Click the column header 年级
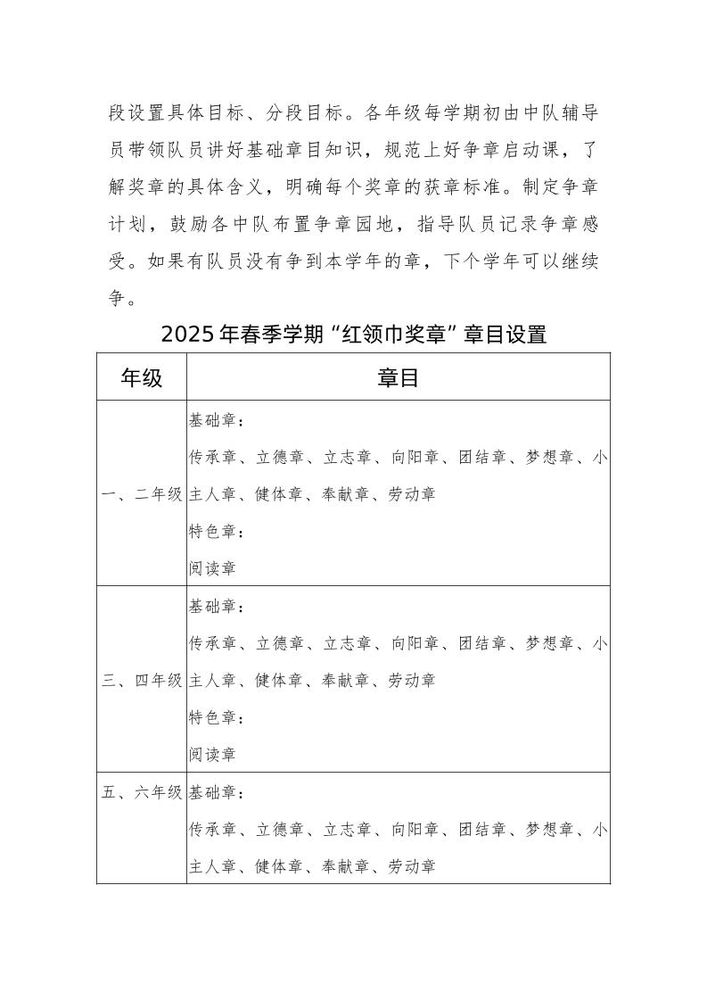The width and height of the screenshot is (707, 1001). (142, 377)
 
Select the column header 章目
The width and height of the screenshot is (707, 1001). (398, 377)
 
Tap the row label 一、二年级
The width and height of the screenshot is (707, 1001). (142, 493)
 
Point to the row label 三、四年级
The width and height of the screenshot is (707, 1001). (142, 680)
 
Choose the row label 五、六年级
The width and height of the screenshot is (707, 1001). (142, 792)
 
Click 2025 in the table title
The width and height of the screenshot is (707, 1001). (189, 335)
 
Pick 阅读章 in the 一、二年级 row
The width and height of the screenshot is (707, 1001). (212, 567)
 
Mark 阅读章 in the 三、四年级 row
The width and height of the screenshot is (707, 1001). (212, 754)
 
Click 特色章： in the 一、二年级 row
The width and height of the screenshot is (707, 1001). (217, 531)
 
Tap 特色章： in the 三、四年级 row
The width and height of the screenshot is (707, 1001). (217, 717)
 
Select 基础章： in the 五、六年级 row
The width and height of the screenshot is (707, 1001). (217, 792)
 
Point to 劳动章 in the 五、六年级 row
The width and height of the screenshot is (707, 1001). (412, 865)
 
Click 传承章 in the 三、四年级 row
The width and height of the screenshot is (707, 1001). (212, 643)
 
